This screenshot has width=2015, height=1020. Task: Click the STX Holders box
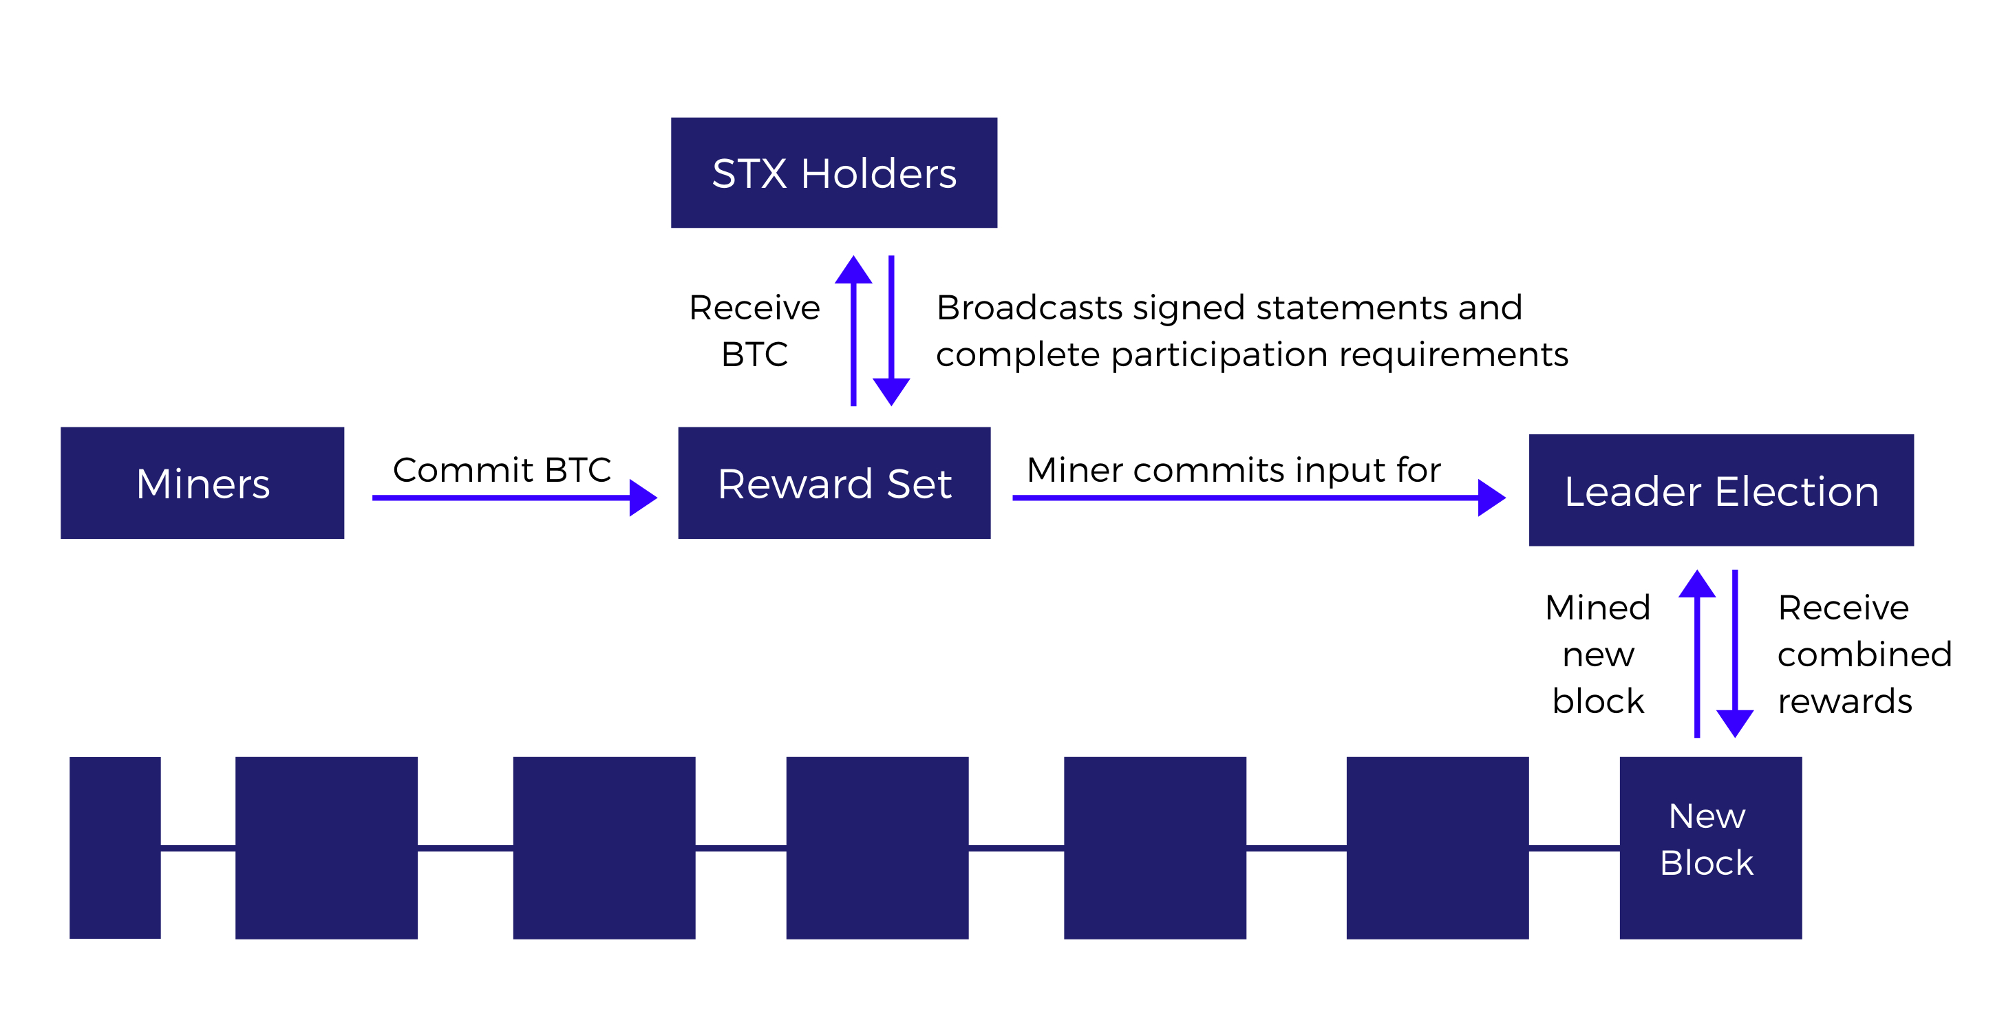tap(834, 173)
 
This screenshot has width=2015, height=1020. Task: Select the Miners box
tap(202, 482)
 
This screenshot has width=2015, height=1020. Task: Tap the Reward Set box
tap(834, 482)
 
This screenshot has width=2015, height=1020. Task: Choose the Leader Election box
tap(1721, 489)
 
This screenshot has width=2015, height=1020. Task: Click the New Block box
tap(1711, 847)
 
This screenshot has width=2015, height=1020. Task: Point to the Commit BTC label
tap(502, 470)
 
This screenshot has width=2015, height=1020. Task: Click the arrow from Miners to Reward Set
tap(515, 498)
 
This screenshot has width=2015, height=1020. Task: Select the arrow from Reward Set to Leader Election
tap(1259, 498)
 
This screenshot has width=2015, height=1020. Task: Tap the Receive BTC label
tap(754, 331)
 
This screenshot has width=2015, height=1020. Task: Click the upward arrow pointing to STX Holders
tap(853, 331)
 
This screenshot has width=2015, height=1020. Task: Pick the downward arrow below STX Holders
tap(891, 331)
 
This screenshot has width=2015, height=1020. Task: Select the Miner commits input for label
tap(1233, 470)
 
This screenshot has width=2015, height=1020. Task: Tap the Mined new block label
tap(1598, 654)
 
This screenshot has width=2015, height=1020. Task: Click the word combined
tap(1865, 655)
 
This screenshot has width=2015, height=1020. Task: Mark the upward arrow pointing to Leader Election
tap(1698, 654)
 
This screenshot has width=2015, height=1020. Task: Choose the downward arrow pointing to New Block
tap(1735, 654)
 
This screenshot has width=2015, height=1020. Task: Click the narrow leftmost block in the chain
tap(115, 847)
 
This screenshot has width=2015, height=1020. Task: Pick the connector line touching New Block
tap(1574, 847)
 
